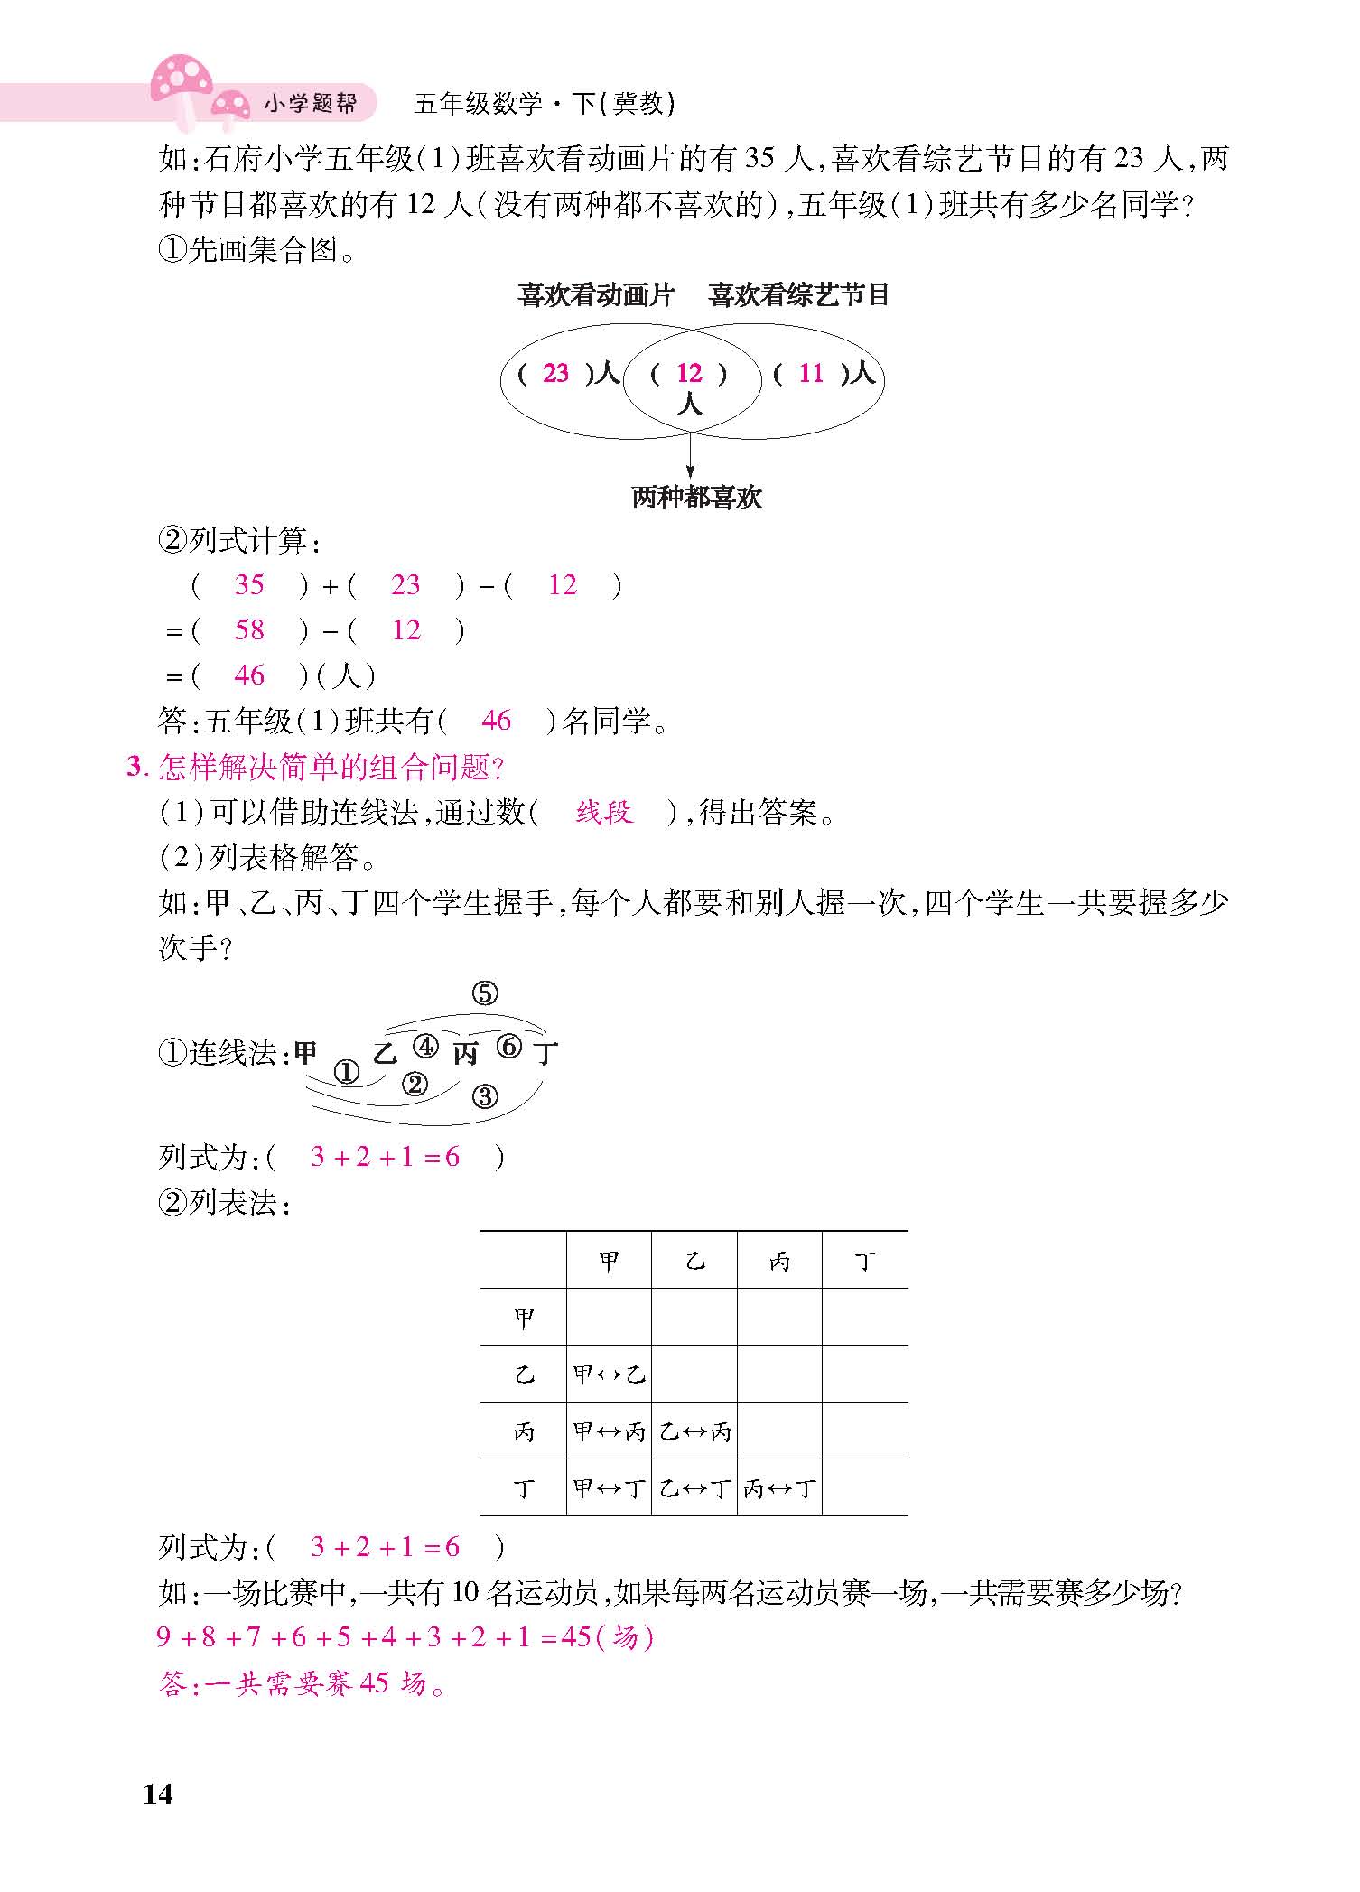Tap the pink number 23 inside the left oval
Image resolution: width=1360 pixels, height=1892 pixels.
555,373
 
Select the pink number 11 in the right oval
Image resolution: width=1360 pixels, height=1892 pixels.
811,373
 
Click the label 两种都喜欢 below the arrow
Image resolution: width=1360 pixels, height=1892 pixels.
696,498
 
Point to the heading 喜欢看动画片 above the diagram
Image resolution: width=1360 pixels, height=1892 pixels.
596,295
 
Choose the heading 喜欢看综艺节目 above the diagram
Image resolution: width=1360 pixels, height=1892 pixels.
799,295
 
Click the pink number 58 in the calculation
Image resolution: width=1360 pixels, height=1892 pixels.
249,630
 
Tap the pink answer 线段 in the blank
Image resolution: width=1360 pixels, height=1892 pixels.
604,813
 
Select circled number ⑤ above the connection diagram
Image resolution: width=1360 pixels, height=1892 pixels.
485,994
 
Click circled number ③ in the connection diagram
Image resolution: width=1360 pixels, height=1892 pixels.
485,1096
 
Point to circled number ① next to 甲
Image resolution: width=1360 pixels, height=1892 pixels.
347,1072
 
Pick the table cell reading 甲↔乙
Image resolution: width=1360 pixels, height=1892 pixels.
609,1375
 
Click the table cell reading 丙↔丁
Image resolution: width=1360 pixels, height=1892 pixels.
778,1488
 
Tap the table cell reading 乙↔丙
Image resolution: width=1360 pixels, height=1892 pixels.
694,1431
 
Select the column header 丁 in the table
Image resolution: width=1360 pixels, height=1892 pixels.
864,1261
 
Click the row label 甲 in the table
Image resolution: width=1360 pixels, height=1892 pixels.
524,1318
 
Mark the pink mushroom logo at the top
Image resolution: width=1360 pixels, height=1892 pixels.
185,81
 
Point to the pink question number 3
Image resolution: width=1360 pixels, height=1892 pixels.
135,768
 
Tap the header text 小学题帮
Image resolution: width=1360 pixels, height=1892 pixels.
310,104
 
